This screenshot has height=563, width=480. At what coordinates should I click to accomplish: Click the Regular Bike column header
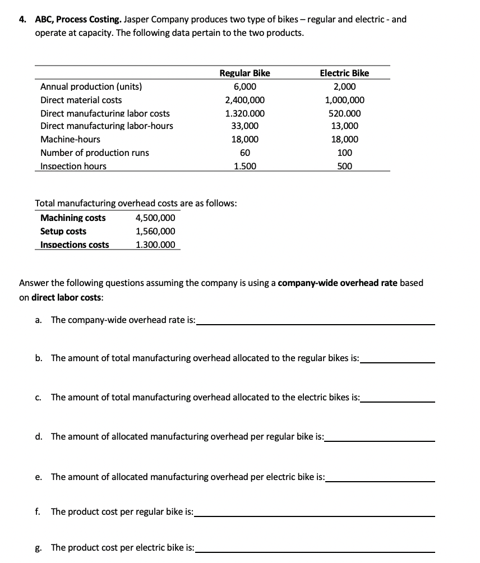coord(244,73)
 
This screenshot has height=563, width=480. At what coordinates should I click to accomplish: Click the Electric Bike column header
coord(344,73)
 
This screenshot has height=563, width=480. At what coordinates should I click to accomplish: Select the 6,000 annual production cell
coord(244,87)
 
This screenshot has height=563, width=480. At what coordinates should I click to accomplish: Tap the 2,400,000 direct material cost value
coord(244,100)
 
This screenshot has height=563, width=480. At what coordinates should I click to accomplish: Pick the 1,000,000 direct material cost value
coord(344,100)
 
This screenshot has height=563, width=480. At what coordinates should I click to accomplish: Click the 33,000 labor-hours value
coord(244,126)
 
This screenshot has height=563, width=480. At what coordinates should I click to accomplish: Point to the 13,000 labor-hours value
coord(344,126)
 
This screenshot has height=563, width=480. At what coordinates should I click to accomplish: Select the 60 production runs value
coord(244,153)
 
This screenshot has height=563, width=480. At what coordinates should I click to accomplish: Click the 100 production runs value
coord(344,153)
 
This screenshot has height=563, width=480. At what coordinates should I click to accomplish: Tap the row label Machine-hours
coord(70,140)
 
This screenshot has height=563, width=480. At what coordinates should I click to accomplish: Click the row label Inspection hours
coord(73,166)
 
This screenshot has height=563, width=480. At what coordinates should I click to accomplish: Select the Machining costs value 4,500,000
coord(155,218)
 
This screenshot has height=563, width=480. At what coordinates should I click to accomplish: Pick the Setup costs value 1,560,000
coord(155,232)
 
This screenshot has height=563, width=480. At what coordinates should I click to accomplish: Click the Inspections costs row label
coord(75,245)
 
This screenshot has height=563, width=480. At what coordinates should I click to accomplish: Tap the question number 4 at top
coord(22,19)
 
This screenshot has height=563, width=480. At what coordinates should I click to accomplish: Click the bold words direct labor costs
coord(60,298)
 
